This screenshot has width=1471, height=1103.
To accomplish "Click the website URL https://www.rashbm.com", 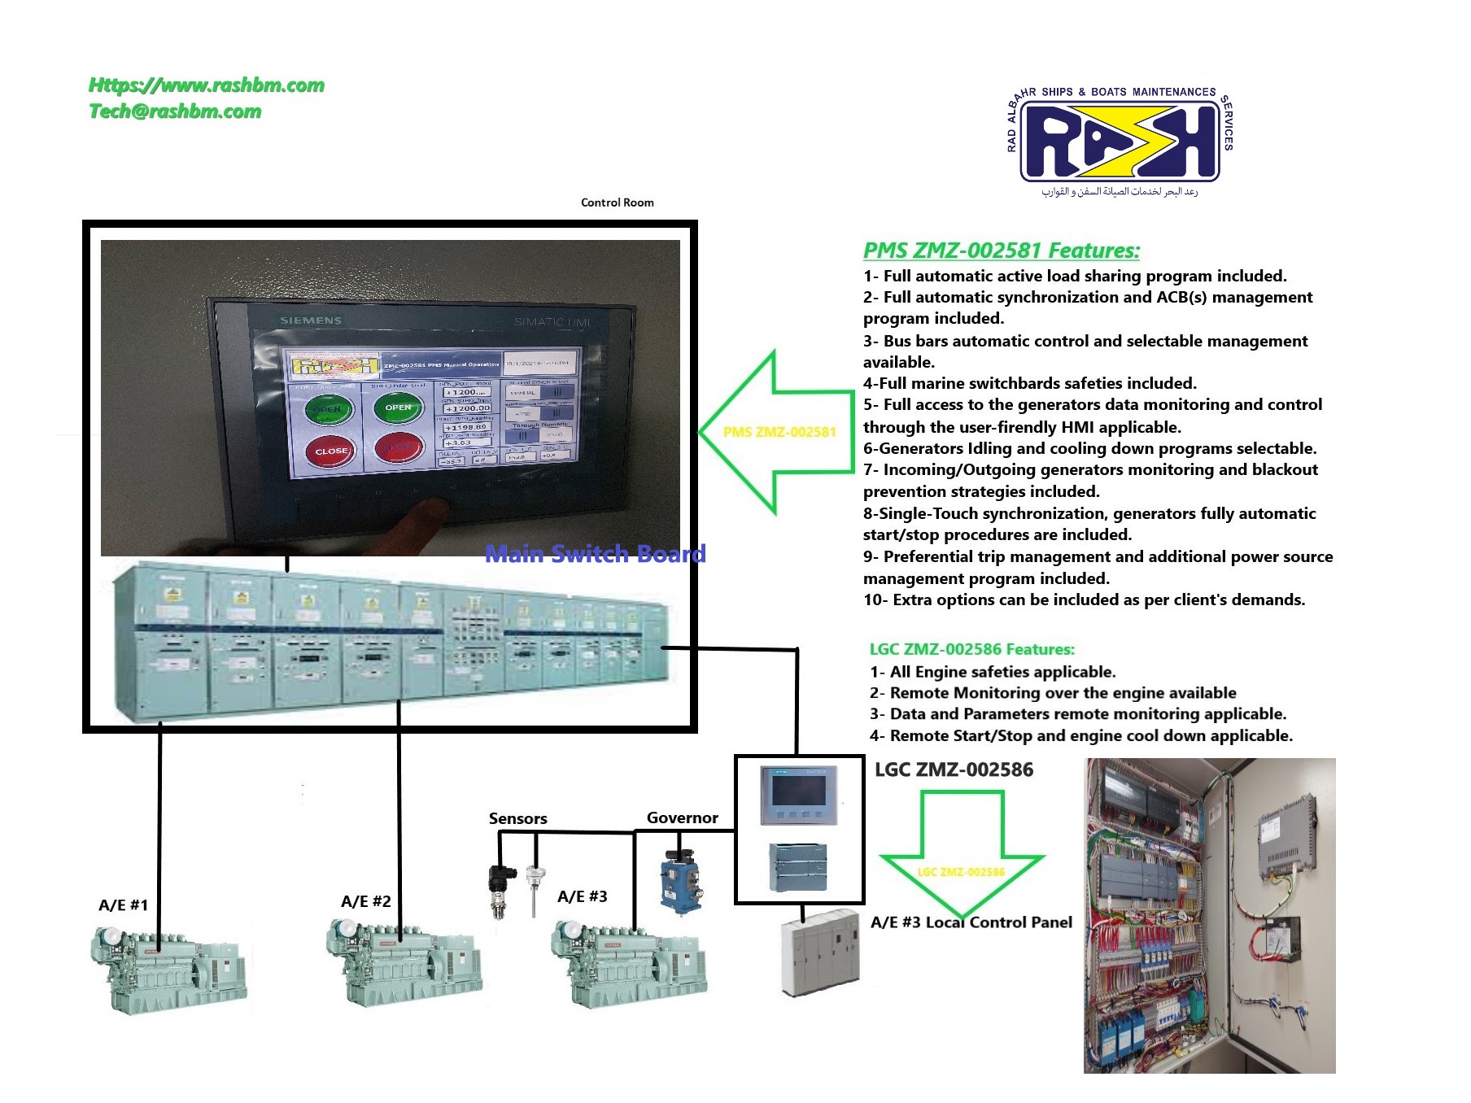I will click(x=207, y=85).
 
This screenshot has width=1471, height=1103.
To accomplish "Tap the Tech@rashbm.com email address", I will click(x=175, y=111).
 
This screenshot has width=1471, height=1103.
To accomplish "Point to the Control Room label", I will click(x=617, y=203).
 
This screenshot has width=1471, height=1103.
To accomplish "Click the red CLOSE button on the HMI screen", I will click(x=331, y=451).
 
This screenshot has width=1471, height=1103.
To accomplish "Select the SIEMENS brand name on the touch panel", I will click(x=311, y=320).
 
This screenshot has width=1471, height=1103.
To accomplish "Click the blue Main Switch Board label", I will click(x=595, y=554).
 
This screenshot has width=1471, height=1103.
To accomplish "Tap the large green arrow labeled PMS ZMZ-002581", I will click(x=777, y=432).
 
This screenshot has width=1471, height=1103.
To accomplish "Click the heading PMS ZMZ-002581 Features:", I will click(x=1001, y=251).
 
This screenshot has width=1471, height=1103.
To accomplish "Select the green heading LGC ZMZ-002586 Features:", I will click(x=971, y=649).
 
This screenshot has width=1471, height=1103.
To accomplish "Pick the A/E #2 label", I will click(x=365, y=901).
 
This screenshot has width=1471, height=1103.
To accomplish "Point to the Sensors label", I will click(x=517, y=818).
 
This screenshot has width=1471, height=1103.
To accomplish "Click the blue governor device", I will click(x=680, y=883).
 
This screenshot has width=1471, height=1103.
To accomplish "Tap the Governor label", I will click(x=682, y=817).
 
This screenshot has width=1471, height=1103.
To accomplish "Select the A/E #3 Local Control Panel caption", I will click(x=971, y=922).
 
